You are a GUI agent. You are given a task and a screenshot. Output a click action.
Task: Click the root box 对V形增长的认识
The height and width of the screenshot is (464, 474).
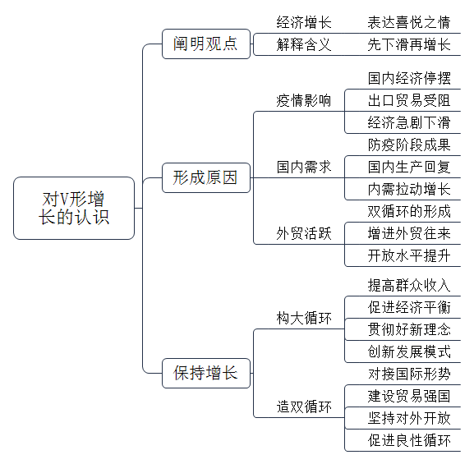tap(74, 208)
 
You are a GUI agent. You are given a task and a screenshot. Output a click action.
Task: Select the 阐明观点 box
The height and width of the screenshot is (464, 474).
tap(206, 44)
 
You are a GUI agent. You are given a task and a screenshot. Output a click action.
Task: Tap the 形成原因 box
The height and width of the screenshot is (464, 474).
tap(206, 177)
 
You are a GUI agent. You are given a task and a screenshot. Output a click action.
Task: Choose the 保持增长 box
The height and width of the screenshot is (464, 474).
tap(206, 373)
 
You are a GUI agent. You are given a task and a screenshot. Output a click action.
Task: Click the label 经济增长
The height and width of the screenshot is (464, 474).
tap(304, 22)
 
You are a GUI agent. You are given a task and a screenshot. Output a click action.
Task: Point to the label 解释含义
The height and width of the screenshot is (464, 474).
tap(304, 44)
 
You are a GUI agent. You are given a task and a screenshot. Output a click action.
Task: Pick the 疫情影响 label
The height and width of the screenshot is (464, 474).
tap(304, 100)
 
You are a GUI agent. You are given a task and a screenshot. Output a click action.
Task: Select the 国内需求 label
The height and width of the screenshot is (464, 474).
tap(304, 167)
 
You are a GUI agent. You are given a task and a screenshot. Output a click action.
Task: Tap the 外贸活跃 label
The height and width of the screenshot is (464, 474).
tap(304, 233)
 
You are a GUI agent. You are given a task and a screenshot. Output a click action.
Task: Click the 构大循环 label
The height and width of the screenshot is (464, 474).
tap(304, 318)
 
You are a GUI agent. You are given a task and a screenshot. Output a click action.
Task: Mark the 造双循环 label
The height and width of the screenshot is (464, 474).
tap(304, 407)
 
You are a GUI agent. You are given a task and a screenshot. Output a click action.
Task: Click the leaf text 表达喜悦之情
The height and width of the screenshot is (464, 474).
tap(409, 22)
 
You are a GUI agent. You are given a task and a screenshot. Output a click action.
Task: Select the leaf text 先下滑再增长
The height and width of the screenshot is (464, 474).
tap(409, 44)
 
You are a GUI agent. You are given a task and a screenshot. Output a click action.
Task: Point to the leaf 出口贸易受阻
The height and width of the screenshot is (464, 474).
tap(409, 100)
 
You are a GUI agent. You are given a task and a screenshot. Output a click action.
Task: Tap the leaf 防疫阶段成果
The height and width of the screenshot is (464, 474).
tap(409, 145)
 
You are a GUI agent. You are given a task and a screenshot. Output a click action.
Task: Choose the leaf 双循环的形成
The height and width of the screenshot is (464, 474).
tap(409, 211)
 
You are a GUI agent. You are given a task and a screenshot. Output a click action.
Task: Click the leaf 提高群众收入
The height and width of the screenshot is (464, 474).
tap(409, 285)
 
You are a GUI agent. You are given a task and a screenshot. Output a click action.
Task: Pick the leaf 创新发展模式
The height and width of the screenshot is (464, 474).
tap(409, 351)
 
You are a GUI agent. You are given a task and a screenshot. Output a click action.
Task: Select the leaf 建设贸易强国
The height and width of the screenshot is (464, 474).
tap(409, 396)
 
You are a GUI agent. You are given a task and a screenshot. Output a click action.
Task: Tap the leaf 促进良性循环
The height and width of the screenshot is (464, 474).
tap(409, 440)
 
